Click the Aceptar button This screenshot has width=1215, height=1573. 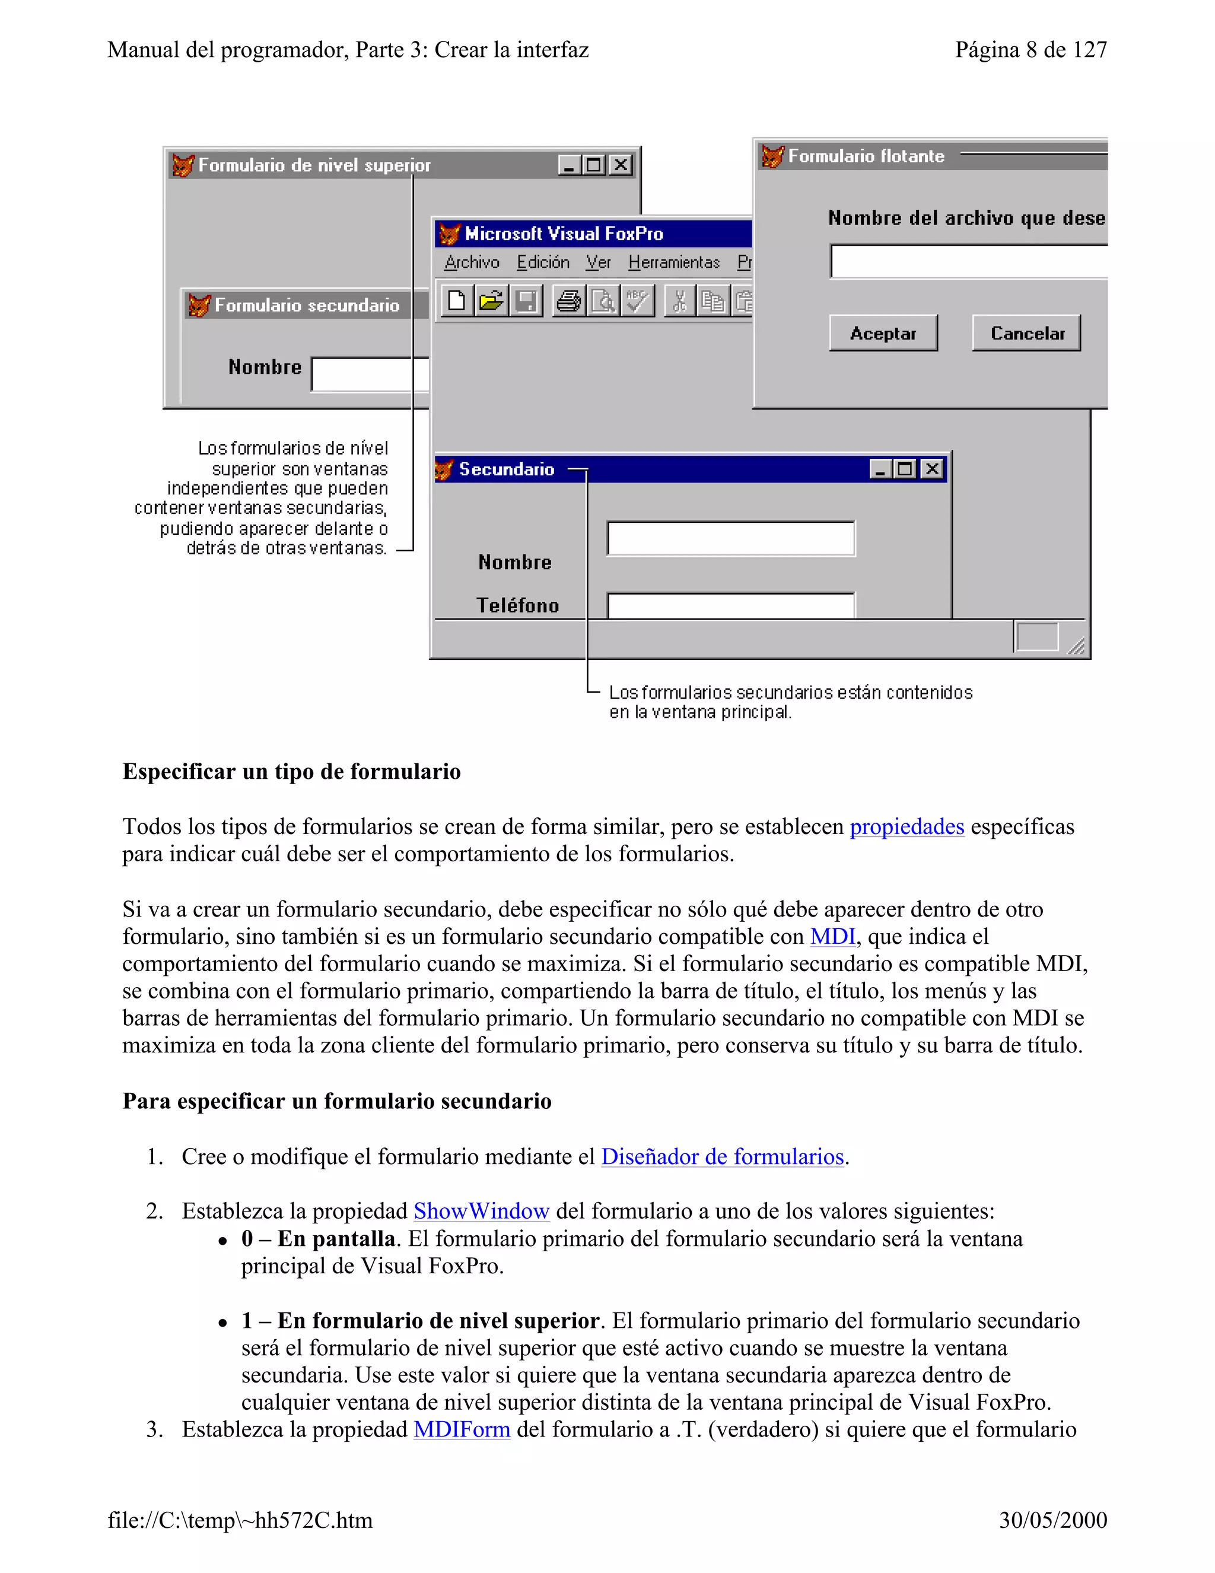coord(883,333)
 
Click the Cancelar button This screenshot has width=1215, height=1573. coord(1026,333)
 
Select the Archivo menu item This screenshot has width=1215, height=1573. coord(472,262)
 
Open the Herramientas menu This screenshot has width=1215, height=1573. coord(674,262)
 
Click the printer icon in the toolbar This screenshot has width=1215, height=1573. coord(568,300)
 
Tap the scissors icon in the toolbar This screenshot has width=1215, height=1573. coord(679,300)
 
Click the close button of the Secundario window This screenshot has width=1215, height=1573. coord(932,469)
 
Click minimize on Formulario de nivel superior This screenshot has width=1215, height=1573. coord(570,165)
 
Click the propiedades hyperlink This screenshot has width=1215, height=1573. coord(907,826)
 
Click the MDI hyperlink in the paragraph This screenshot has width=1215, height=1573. coord(832,936)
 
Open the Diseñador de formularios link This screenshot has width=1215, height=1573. coord(722,1157)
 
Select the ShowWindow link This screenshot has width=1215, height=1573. coord(481,1212)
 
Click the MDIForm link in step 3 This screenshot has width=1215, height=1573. coord(462,1430)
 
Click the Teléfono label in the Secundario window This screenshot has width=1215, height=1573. coord(517,605)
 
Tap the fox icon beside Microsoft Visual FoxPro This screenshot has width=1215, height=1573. coord(449,233)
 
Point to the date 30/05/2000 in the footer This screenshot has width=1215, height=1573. coord(1052,1520)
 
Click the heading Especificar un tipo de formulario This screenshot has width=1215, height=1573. coord(291,772)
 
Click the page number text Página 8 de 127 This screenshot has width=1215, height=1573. coord(1030,50)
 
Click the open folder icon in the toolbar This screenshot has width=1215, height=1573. coord(491,300)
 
